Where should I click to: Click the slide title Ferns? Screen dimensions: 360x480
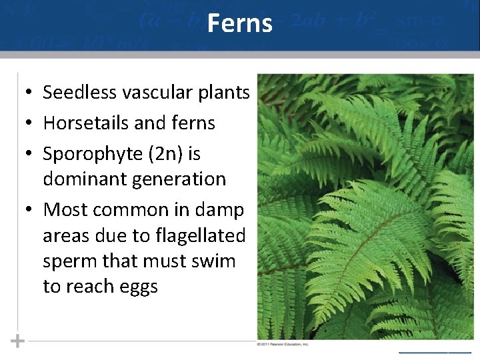239,23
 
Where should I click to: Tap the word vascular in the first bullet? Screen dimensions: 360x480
148,93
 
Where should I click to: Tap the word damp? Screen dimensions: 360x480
219,210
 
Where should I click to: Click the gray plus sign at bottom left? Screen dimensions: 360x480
17,341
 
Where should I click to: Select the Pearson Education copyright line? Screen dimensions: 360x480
283,344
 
